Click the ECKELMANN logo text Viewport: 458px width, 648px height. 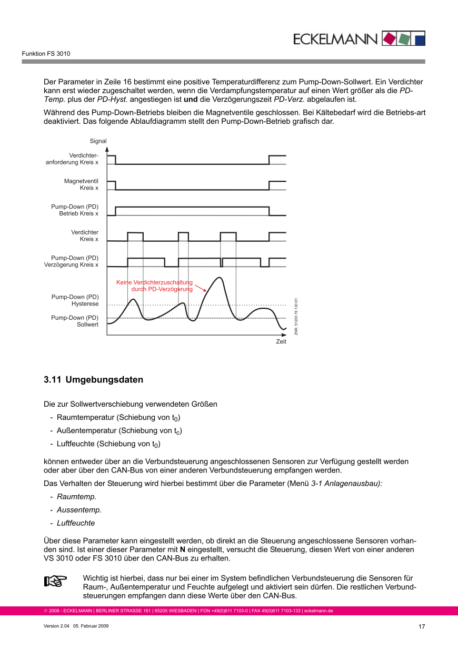pyautogui.click(x=335, y=39)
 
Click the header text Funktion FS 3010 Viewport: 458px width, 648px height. pyautogui.click(x=46, y=54)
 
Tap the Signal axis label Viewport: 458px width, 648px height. pyautogui.click(x=98, y=141)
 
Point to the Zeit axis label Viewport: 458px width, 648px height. pyautogui.click(x=281, y=342)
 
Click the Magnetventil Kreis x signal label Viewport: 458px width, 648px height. pyautogui.click(x=81, y=184)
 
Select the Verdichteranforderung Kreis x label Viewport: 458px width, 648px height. pyautogui.click(x=72, y=159)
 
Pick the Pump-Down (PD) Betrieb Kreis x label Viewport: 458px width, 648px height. pyautogui.click(x=75, y=210)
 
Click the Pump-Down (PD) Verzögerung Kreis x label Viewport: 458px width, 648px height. pyautogui.click(x=71, y=261)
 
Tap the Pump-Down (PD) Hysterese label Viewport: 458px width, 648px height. pyautogui.click(x=75, y=301)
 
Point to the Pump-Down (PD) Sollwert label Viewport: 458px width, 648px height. pyautogui.click(x=75, y=321)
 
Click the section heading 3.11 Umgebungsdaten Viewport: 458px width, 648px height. pyautogui.click(x=93, y=380)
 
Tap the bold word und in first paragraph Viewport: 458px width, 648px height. pyautogui.click(x=190, y=99)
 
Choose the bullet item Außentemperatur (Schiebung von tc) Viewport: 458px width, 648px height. pyautogui.click(x=120, y=430)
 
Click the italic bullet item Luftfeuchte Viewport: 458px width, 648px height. pyautogui.click(x=76, y=523)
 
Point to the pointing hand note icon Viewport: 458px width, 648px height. pyautogui.click(x=55, y=581)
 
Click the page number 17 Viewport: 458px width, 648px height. pyautogui.click(x=422, y=626)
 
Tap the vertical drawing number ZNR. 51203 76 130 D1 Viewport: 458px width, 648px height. pyautogui.click(x=296, y=316)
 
